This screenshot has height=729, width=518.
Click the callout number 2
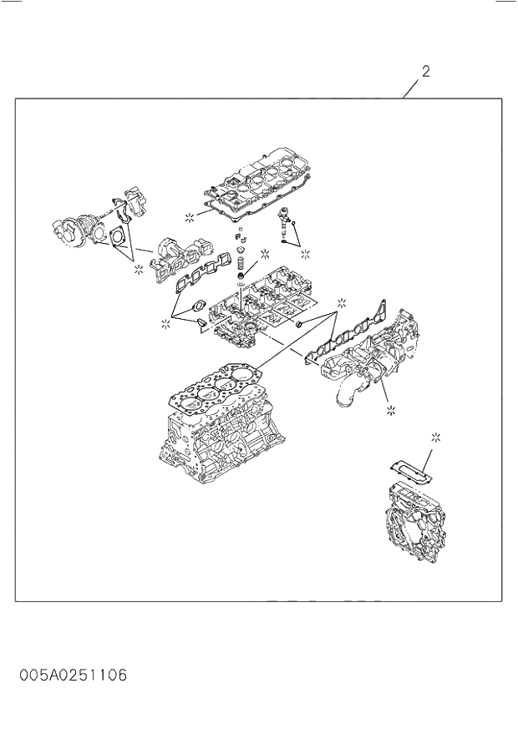tap(425, 72)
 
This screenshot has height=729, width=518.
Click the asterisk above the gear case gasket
tap(435, 437)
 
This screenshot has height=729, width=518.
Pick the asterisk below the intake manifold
tap(391, 410)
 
